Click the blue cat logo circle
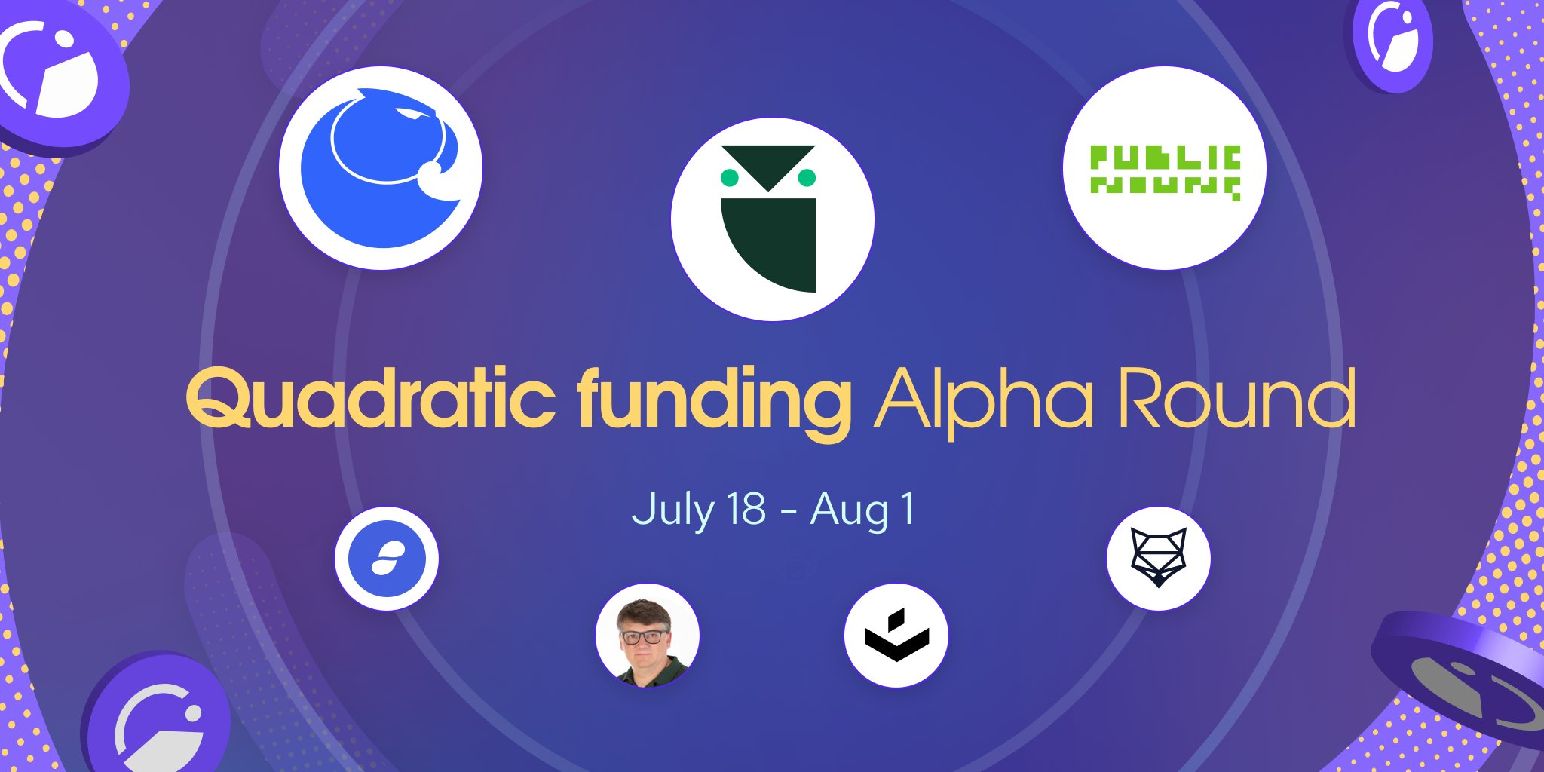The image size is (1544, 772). click(381, 167)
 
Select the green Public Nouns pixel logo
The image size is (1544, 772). click(1165, 171)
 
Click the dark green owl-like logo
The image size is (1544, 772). click(772, 219)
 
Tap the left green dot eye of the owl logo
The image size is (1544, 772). click(729, 178)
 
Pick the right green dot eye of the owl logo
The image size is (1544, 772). click(807, 178)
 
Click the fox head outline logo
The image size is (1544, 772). click(1158, 558)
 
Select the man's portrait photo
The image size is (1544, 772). click(647, 636)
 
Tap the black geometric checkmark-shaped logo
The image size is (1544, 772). click(896, 636)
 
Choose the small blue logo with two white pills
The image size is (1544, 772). click(386, 559)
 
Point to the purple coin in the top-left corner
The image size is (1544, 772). click(57, 75)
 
